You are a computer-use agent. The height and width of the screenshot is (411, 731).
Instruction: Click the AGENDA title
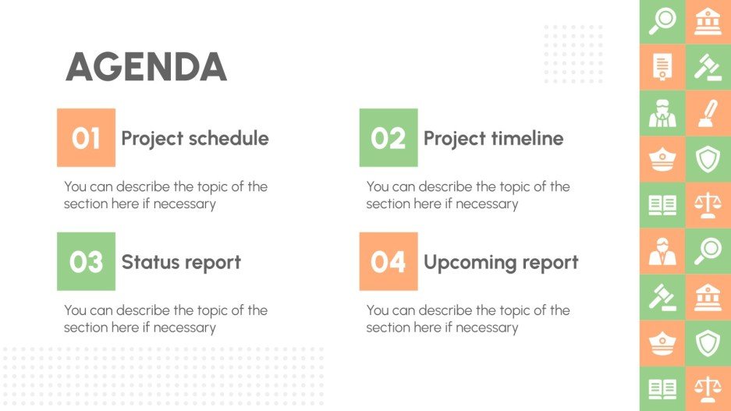[146, 67]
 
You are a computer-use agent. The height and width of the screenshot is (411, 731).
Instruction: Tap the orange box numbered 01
[86, 138]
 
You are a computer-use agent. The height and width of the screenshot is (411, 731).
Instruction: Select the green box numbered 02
[388, 138]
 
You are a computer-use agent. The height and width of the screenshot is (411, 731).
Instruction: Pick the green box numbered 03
[86, 261]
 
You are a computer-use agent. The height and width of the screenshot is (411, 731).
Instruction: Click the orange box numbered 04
[388, 261]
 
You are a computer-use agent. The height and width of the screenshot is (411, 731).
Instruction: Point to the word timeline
[527, 139]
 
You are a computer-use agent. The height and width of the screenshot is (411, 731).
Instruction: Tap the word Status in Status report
[146, 263]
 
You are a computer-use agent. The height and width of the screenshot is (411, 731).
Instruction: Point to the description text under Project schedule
[165, 195]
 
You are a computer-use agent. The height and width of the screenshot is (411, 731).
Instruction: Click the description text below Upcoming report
[467, 318]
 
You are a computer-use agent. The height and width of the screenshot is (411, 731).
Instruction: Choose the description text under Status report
[165, 318]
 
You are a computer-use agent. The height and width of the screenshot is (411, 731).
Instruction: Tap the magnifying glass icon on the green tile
[662, 21]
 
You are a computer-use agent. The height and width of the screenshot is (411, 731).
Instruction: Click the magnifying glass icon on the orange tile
[708, 250]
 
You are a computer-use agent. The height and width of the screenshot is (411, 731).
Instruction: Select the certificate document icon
[662, 67]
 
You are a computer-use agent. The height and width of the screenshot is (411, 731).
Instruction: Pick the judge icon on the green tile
[662, 113]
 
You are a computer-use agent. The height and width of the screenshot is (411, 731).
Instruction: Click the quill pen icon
[708, 113]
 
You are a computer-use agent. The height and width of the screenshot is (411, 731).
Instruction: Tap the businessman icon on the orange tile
[662, 250]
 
